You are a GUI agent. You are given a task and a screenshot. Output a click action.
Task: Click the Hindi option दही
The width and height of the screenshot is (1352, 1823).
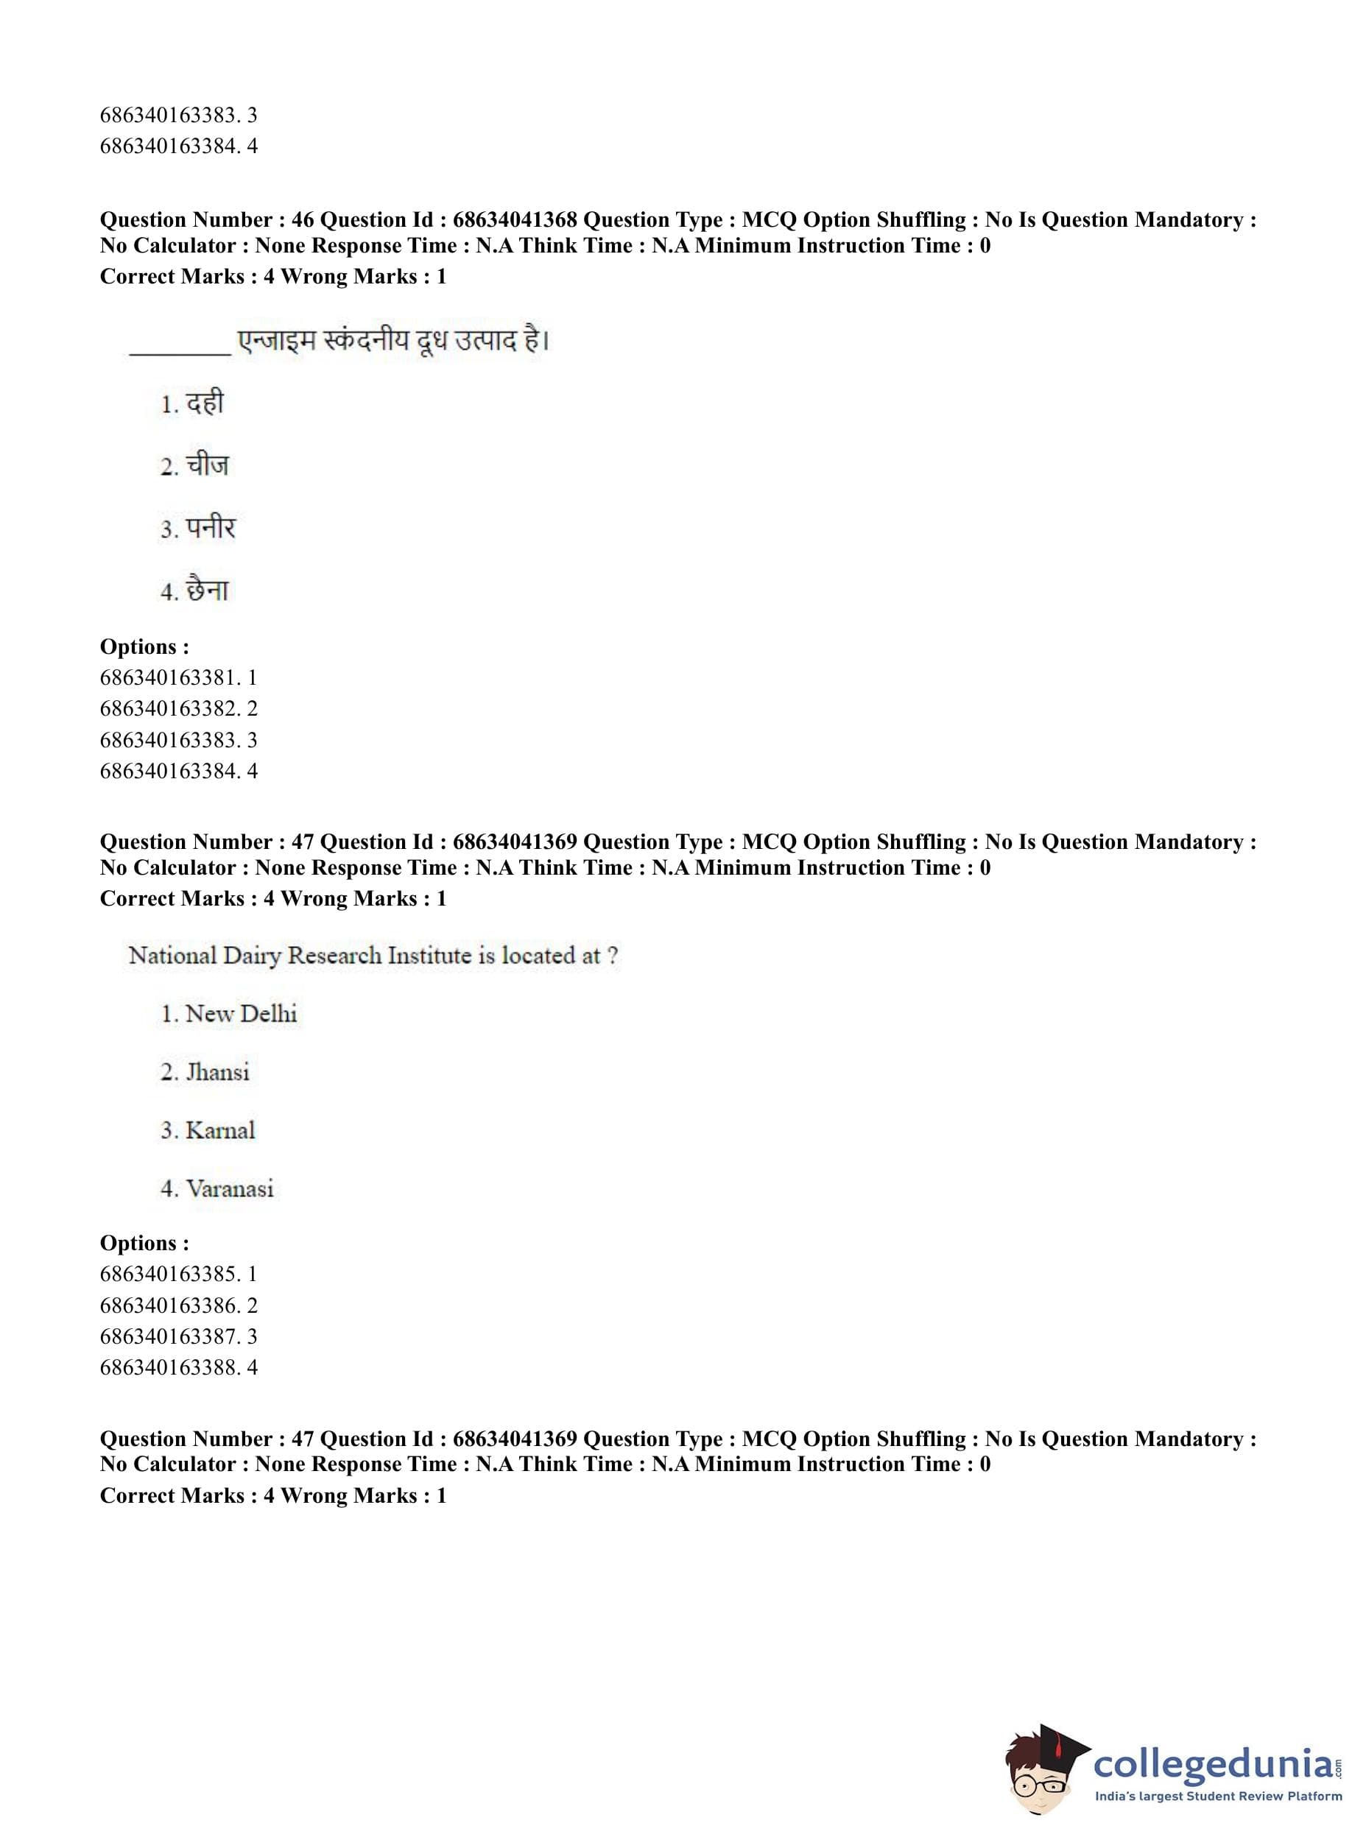(204, 403)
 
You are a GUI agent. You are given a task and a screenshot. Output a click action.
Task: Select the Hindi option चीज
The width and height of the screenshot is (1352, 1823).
(207, 465)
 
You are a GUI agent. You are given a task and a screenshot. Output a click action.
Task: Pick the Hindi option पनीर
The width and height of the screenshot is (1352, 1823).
(211, 529)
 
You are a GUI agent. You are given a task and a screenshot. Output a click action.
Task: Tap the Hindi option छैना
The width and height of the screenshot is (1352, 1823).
(207, 590)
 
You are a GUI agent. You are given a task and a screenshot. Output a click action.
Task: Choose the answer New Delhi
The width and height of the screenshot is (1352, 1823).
(241, 1014)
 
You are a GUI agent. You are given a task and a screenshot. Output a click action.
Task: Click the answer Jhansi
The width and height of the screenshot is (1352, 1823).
(217, 1072)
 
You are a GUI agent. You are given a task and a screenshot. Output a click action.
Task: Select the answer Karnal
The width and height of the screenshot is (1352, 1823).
(220, 1130)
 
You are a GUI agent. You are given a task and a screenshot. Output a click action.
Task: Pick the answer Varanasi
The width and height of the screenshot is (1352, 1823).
(229, 1188)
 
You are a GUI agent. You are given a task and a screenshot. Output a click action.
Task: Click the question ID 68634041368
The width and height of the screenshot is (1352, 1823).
(514, 219)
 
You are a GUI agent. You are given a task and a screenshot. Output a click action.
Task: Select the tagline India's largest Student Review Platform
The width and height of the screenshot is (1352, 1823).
(1218, 1795)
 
